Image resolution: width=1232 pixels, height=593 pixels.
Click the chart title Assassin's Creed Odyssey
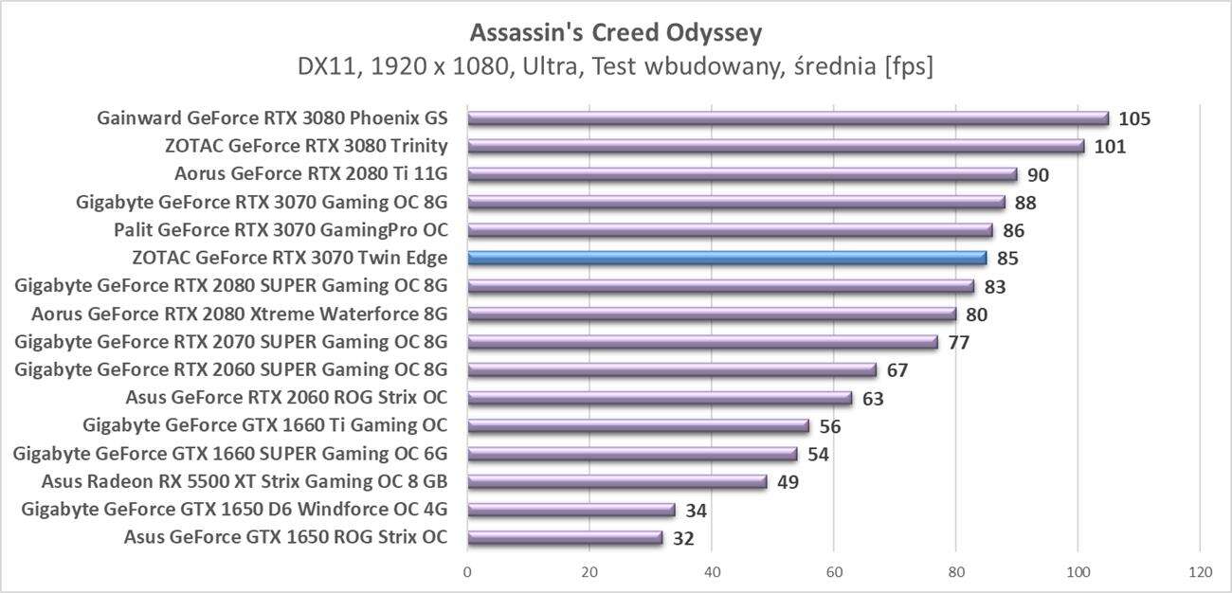tap(615, 33)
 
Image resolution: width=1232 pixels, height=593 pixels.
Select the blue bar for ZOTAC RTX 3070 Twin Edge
tap(727, 258)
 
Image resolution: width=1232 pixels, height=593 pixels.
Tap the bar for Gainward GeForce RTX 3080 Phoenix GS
tap(788, 118)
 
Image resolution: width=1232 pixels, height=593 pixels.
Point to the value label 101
tap(1110, 147)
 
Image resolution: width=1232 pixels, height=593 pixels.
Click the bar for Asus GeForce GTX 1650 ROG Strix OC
tap(565, 538)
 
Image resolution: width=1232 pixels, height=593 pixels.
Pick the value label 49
tap(788, 482)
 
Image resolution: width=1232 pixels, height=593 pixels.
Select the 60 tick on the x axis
tap(834, 572)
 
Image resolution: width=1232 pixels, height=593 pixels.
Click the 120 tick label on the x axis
tap(1200, 572)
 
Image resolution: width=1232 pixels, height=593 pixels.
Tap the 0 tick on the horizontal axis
tap(467, 572)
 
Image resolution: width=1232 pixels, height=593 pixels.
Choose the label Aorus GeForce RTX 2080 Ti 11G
tap(311, 174)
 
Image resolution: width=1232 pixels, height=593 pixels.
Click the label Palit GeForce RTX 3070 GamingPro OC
tap(281, 230)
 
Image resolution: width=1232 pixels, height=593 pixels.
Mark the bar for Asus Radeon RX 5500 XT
tap(617, 482)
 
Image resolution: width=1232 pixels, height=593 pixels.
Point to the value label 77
tap(958, 342)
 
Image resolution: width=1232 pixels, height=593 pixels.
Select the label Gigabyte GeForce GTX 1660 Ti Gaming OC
tap(265, 425)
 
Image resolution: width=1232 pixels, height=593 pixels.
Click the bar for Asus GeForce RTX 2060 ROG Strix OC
tap(660, 398)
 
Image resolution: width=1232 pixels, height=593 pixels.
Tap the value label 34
tap(696, 511)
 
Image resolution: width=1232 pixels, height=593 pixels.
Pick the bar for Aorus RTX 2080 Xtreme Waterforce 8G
tap(712, 314)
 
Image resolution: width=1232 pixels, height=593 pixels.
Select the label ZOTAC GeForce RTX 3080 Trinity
tap(306, 146)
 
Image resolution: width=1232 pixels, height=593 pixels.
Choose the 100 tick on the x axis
tap(1078, 572)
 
